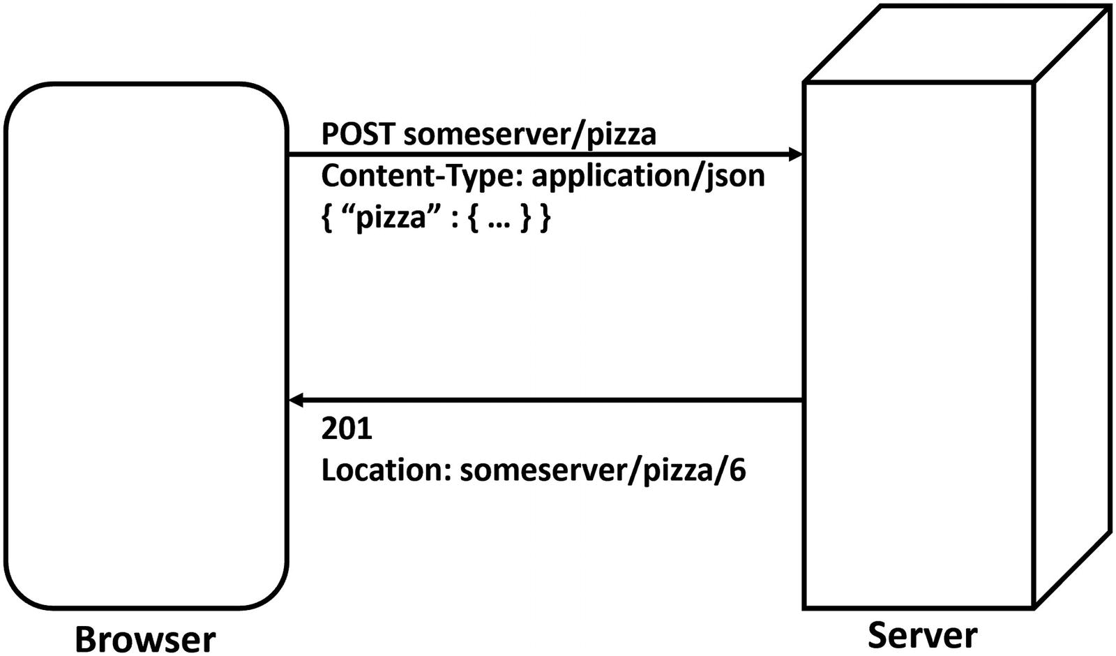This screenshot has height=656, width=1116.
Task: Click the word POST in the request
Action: pos(357,133)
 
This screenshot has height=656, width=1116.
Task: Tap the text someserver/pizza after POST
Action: pos(529,133)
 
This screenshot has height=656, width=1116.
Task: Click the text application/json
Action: pos(648,176)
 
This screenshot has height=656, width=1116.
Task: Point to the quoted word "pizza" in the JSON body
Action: pos(390,218)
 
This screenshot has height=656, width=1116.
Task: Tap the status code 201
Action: pos(347,428)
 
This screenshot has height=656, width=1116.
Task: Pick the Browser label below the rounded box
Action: pos(145,638)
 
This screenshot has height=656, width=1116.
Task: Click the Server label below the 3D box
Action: pos(922,634)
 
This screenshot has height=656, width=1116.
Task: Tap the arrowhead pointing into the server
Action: pos(795,154)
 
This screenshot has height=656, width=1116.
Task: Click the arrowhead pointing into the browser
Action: pos(296,401)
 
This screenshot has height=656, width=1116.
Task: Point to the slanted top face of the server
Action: pos(956,43)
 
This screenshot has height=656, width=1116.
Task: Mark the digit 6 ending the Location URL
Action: pos(738,470)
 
